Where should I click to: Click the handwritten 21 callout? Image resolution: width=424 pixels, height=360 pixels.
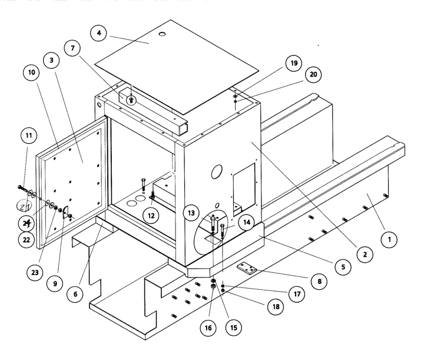(x=25, y=207)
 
